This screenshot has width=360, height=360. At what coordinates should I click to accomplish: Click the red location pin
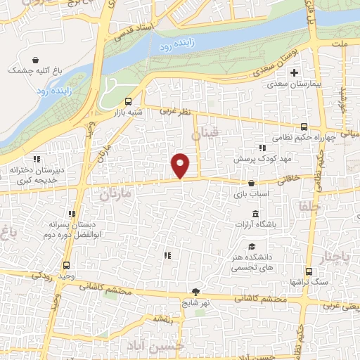(181, 165)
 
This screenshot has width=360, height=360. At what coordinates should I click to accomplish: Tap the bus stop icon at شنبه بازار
(128, 101)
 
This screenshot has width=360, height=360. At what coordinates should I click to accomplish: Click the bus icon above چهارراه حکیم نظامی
(303, 127)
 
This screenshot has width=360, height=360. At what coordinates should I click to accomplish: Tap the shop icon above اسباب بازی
(251, 184)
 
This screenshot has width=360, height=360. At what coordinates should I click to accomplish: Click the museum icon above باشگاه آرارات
(255, 214)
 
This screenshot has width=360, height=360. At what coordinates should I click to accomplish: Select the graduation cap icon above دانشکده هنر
(252, 246)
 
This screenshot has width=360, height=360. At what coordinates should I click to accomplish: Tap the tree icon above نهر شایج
(195, 292)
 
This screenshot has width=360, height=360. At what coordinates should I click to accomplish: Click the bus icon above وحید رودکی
(66, 266)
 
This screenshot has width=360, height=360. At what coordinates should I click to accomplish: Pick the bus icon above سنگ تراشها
(308, 272)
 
